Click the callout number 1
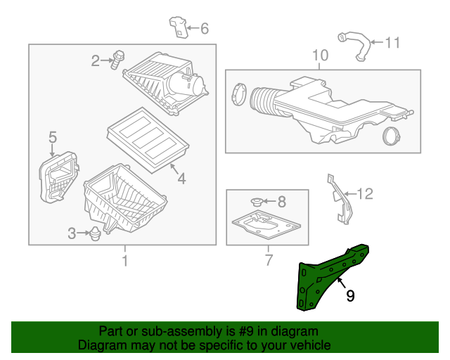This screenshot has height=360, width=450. [125, 262]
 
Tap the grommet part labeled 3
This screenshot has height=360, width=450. [96, 234]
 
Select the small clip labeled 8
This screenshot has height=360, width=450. [257, 202]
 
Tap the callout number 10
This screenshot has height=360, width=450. [319, 55]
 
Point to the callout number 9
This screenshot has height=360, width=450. [349, 296]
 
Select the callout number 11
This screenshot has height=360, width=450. [392, 43]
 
